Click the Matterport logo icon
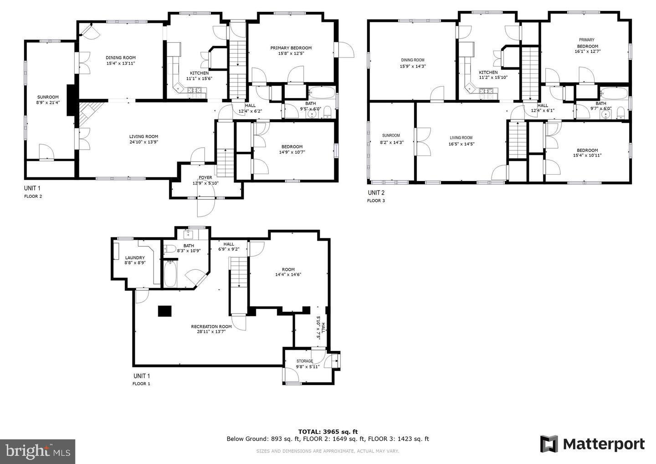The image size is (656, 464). [x=549, y=444]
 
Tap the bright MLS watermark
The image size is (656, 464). [x=37, y=451]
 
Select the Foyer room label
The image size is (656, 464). [x=205, y=177]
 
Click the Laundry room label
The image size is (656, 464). [x=135, y=258]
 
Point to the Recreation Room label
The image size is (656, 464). [x=211, y=327]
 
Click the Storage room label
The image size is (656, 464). [x=305, y=361]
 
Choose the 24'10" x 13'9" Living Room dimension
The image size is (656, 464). [x=144, y=142]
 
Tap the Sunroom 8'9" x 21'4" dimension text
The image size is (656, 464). [x=48, y=103]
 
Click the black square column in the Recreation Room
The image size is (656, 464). [x=165, y=311]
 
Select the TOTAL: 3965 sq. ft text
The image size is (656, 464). [x=328, y=432]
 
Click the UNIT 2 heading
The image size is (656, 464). [x=376, y=193]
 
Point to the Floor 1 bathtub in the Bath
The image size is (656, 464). [x=170, y=274]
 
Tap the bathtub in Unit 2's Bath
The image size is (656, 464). [x=614, y=93]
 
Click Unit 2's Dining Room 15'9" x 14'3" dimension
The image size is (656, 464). [x=413, y=67]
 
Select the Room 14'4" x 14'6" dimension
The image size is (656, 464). [x=288, y=275]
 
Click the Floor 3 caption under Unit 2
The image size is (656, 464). [x=376, y=201]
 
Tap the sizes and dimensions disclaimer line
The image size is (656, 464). [x=328, y=451]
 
